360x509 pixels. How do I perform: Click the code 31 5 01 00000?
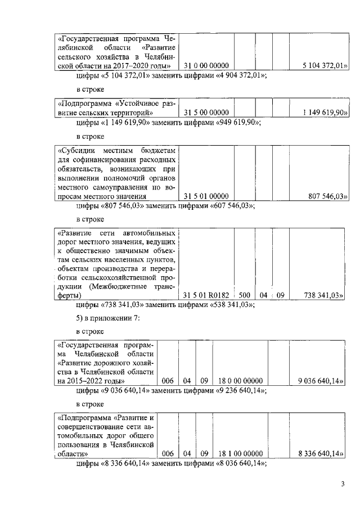pyautogui.click(x=206, y=196)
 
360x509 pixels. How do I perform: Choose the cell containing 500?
pyautogui.click(x=244, y=295)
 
